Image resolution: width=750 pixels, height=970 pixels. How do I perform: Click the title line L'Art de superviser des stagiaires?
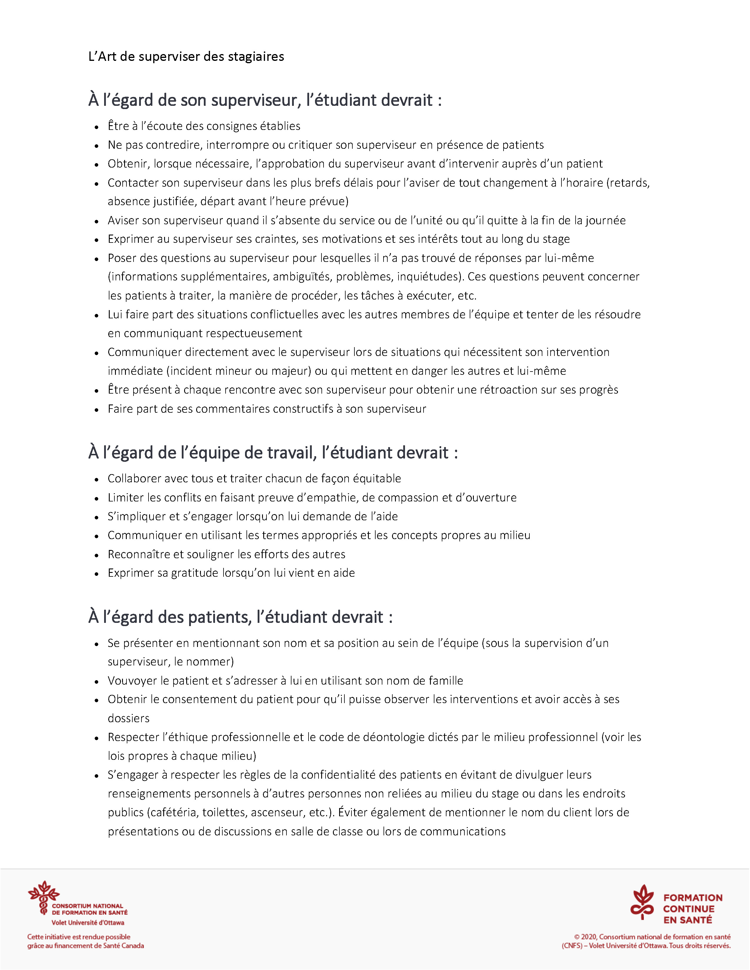186,57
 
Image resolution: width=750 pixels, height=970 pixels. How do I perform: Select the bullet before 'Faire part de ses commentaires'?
96,409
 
